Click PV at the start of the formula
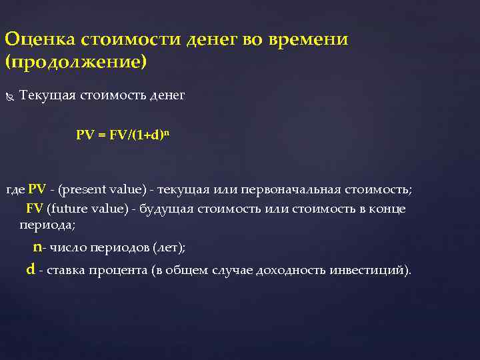pyautogui.click(x=85, y=135)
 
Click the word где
pyautogui.click(x=15, y=190)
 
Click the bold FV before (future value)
pyautogui.click(x=35, y=208)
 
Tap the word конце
pyautogui.click(x=387, y=208)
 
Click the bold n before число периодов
pyautogui.click(x=37, y=247)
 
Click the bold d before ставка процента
pyautogui.click(x=30, y=270)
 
